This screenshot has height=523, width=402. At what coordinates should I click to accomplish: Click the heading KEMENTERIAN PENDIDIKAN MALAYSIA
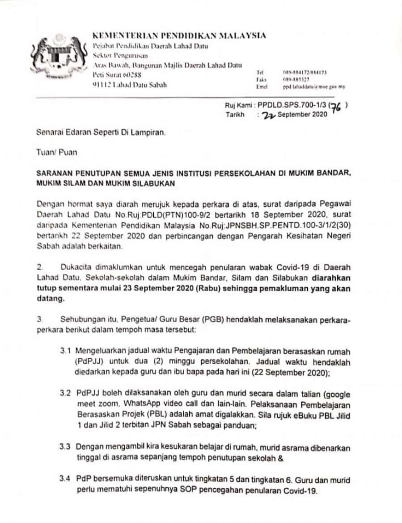coord(179,35)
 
